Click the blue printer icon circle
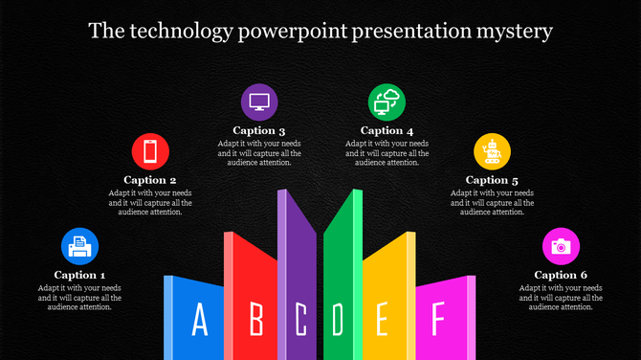click(x=80, y=246)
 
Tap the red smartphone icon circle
click(x=150, y=152)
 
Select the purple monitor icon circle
click(x=259, y=101)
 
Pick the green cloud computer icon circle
click(x=387, y=101)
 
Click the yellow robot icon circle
click(x=493, y=152)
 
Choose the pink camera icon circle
click(x=561, y=246)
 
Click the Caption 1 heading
click(x=80, y=275)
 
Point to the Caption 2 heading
click(x=150, y=179)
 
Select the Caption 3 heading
click(x=259, y=130)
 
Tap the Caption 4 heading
click(x=387, y=130)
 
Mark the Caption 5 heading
click(x=492, y=179)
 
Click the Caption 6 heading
click(x=561, y=275)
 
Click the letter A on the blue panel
click(x=200, y=320)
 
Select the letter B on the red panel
click(x=255, y=320)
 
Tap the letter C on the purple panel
click(x=300, y=320)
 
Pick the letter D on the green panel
click(x=337, y=320)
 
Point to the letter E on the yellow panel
click(x=382, y=320)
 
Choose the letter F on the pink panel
click(x=438, y=318)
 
